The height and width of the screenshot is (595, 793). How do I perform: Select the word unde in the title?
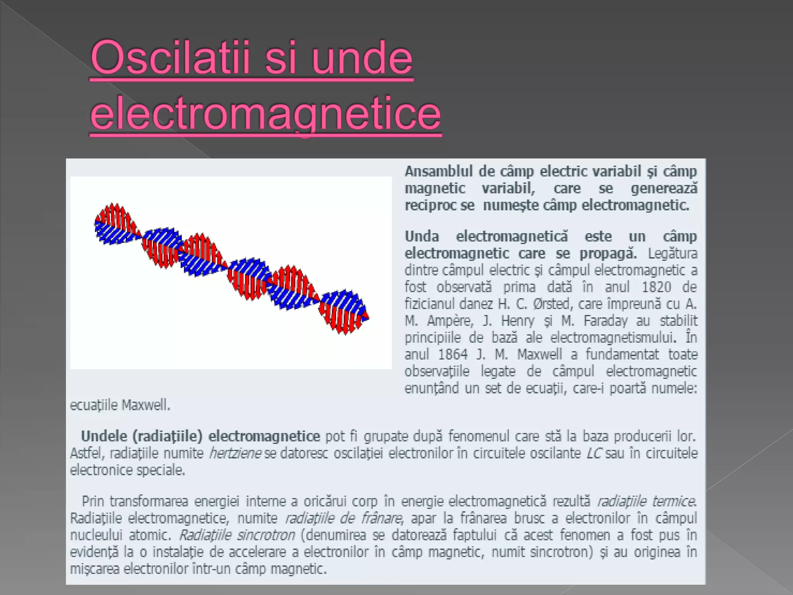[362, 58]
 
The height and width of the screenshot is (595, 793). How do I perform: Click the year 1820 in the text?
[656, 287]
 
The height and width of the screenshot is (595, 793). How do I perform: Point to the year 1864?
[453, 354]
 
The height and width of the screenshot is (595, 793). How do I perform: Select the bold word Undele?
[104, 436]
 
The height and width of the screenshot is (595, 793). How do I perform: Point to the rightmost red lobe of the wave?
[341, 320]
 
